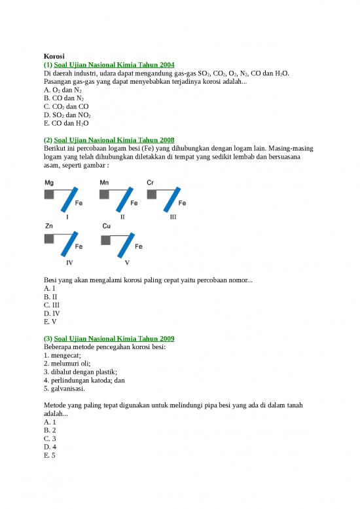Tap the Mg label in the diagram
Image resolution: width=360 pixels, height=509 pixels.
coord(49,182)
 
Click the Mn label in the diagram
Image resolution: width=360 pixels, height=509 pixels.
coord(104,182)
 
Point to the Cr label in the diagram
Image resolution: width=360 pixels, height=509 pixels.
coord(150,182)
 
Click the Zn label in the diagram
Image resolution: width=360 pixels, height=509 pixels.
coord(48,225)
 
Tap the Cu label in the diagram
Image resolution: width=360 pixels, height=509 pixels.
coord(106,225)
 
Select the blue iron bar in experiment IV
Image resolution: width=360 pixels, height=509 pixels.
coord(69,244)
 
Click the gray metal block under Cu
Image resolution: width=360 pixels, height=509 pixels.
coord(106,238)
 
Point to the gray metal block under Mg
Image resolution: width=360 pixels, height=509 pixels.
coord(49,195)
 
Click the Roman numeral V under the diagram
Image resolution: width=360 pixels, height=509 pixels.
coord(127,262)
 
